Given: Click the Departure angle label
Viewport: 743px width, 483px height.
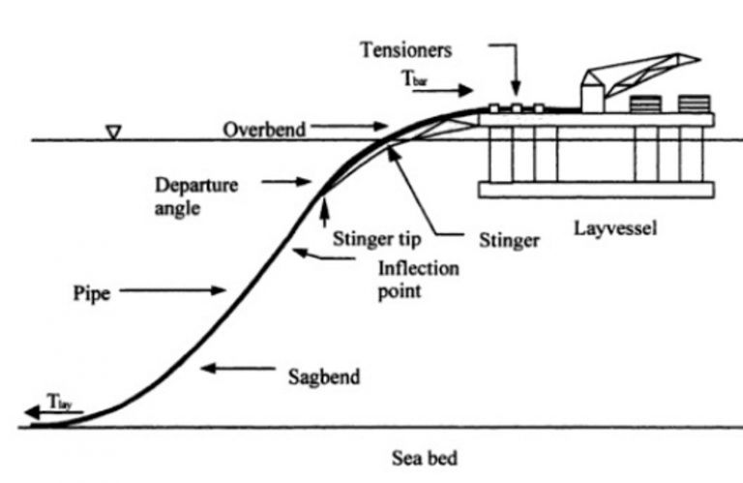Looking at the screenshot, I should click(x=194, y=195).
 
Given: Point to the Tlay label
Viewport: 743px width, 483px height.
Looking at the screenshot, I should click(x=57, y=399).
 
